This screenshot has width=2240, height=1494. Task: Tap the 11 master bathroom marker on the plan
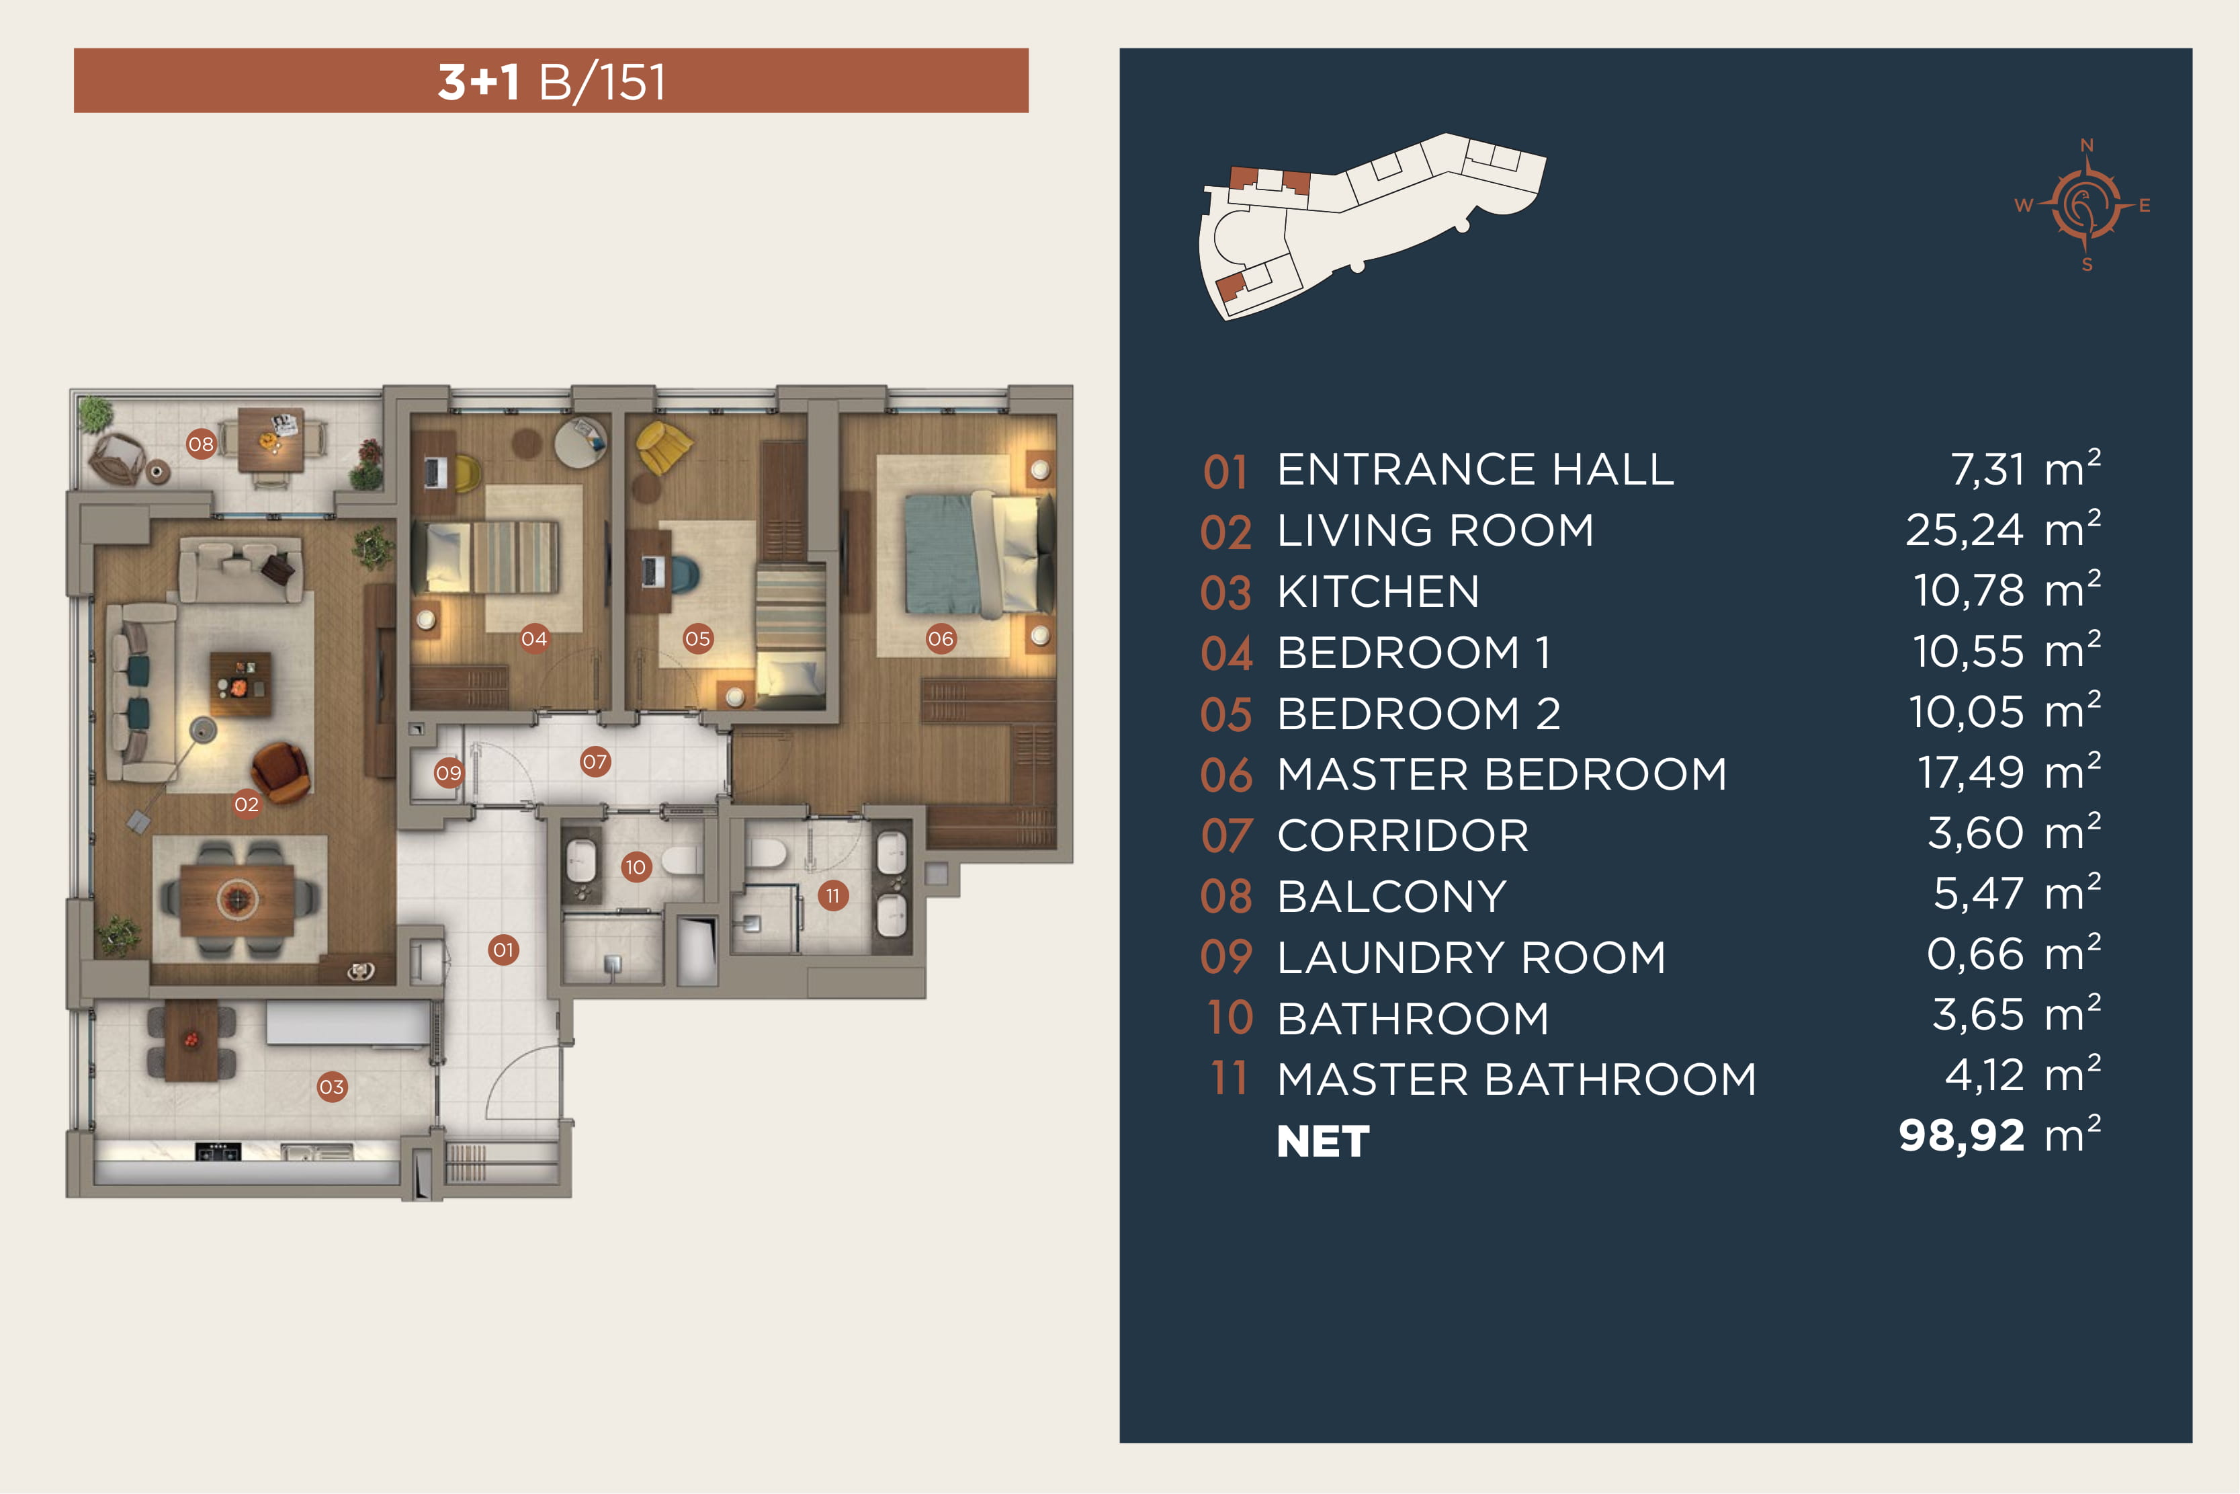pos(833,896)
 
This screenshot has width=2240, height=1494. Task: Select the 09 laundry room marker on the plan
pos(449,773)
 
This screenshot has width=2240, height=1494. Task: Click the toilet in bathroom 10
pos(682,860)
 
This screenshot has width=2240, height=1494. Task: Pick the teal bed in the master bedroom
pos(976,552)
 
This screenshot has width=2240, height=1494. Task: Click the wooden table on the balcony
pos(271,440)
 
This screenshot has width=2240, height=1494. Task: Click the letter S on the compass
pos(2087,265)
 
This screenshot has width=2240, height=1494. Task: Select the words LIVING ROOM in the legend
pos(1435,531)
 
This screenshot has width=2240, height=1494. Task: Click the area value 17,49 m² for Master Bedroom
pos(2009,772)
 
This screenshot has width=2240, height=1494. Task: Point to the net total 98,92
pos(1961,1136)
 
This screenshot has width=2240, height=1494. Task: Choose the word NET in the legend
pos(1323,1141)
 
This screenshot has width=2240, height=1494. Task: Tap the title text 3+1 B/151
pos(552,82)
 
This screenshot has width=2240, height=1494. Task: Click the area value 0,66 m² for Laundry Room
pos(2014,954)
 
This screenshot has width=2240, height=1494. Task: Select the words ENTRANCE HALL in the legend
pos(1475,470)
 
